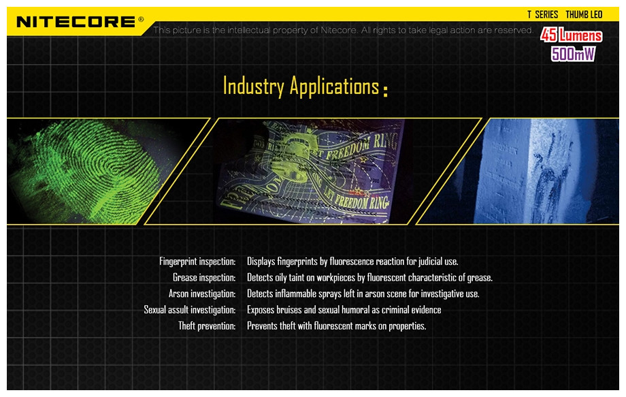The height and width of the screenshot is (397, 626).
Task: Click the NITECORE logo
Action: pyautogui.click(x=76, y=22)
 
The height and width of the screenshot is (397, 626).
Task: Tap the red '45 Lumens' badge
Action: pyautogui.click(x=571, y=35)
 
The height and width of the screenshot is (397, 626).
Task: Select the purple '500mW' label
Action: pyautogui.click(x=573, y=54)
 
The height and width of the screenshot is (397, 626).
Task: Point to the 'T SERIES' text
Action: pyautogui.click(x=542, y=15)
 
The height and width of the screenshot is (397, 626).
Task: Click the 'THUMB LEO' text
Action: pyautogui.click(x=584, y=15)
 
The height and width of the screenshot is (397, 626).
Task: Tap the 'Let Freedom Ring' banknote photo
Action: pyautogui.click(x=314, y=171)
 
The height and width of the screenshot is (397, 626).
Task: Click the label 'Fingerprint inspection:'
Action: pyautogui.click(x=197, y=261)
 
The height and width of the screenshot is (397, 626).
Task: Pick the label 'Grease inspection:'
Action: pyautogui.click(x=204, y=278)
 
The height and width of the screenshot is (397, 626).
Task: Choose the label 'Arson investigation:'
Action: pyautogui.click(x=202, y=294)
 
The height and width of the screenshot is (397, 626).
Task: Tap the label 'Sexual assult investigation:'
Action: pyautogui.click(x=190, y=310)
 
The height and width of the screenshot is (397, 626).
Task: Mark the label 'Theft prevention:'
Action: pyautogui.click(x=207, y=326)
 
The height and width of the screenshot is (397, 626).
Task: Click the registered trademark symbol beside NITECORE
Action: pyautogui.click(x=141, y=19)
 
